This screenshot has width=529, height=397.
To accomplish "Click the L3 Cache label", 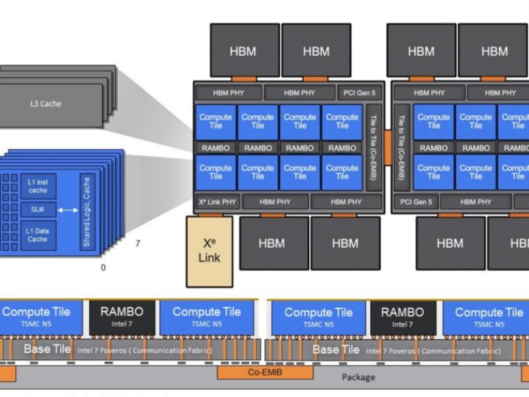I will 46,104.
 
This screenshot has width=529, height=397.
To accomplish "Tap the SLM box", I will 38,209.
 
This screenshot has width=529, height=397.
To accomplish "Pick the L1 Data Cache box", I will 38,234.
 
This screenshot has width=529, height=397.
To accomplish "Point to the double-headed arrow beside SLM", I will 68,210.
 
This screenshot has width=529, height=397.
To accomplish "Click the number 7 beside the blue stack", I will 138,243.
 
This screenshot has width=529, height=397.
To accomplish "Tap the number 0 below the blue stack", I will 102,268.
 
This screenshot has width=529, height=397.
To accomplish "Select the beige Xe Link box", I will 209,251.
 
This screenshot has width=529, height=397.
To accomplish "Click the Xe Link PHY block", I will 216,202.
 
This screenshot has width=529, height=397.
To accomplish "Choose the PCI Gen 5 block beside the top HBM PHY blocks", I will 358,93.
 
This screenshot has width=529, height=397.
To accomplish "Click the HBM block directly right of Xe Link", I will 272,243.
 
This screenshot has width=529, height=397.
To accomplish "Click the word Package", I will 358,377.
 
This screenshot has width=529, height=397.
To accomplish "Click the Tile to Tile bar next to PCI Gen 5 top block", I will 374,146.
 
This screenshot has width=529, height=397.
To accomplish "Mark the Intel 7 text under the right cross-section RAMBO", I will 403,324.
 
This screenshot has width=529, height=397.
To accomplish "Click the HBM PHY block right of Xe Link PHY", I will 274,202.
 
